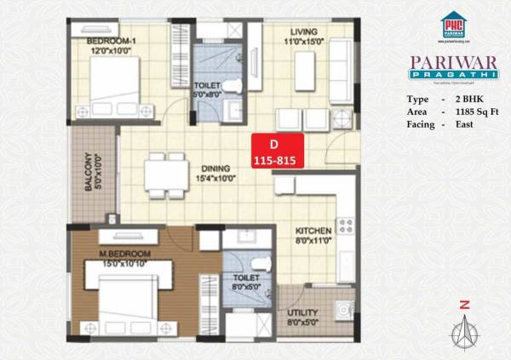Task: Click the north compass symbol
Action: (464, 328)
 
